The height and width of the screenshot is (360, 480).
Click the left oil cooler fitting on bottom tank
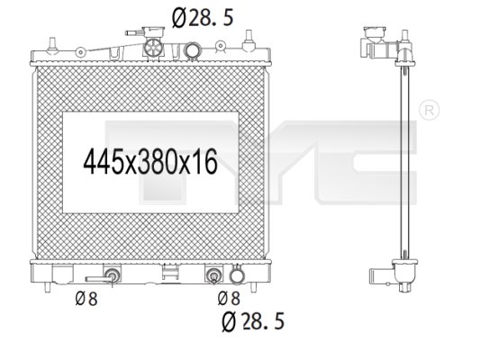click(113, 275)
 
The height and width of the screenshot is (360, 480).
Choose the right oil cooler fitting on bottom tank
click(215, 275)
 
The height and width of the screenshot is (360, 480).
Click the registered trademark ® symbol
click(429, 110)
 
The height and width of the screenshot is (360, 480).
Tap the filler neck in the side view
click(375, 42)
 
